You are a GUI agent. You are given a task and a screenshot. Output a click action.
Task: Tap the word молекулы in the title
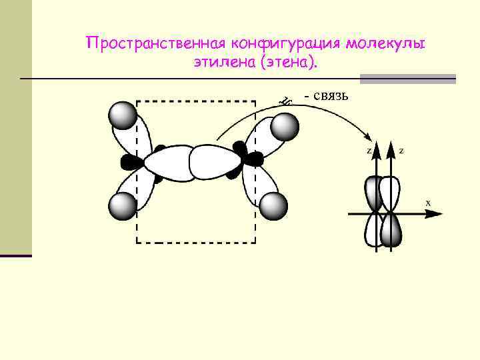pos(385,43)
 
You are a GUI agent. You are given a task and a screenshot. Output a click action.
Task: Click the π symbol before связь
pos(286,101)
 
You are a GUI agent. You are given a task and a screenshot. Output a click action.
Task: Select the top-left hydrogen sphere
pos(123,115)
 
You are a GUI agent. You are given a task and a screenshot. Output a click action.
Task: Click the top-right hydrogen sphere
pos(283,127)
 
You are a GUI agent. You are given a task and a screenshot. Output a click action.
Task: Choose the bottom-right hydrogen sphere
pos(273,207)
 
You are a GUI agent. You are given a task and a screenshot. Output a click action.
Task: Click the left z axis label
pos(369,151)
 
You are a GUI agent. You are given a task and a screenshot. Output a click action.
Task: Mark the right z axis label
pos(401,151)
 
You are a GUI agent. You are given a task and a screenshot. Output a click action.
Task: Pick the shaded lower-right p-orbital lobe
pos(391,231)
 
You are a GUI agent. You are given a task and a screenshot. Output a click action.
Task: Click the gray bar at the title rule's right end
pos(408,79)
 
